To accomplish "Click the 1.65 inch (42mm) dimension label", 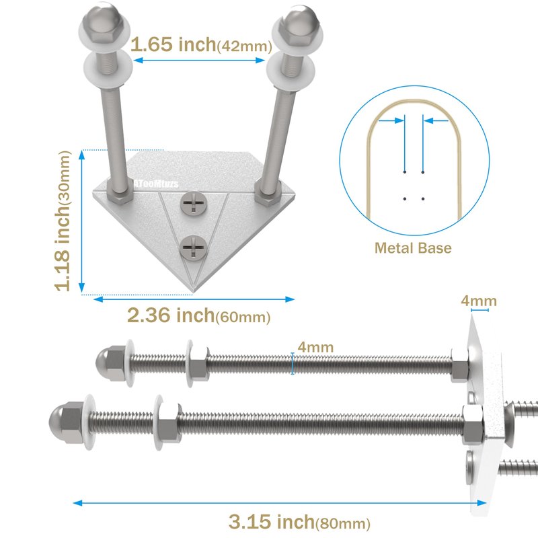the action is pyautogui.click(x=201, y=44).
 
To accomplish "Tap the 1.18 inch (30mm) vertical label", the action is pyautogui.click(x=63, y=221).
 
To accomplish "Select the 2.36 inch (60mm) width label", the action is pyautogui.click(x=198, y=315).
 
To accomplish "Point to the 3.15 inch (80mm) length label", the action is pyautogui.click(x=299, y=522).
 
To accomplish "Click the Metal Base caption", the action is pyautogui.click(x=413, y=247).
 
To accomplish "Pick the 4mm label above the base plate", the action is pyautogui.click(x=479, y=301).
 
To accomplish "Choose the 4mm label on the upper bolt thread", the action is pyautogui.click(x=315, y=347).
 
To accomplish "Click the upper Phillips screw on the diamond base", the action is pyautogui.click(x=194, y=203).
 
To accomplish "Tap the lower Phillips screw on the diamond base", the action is pyautogui.click(x=194, y=247).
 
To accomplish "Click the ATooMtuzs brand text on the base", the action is pyautogui.click(x=156, y=184).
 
